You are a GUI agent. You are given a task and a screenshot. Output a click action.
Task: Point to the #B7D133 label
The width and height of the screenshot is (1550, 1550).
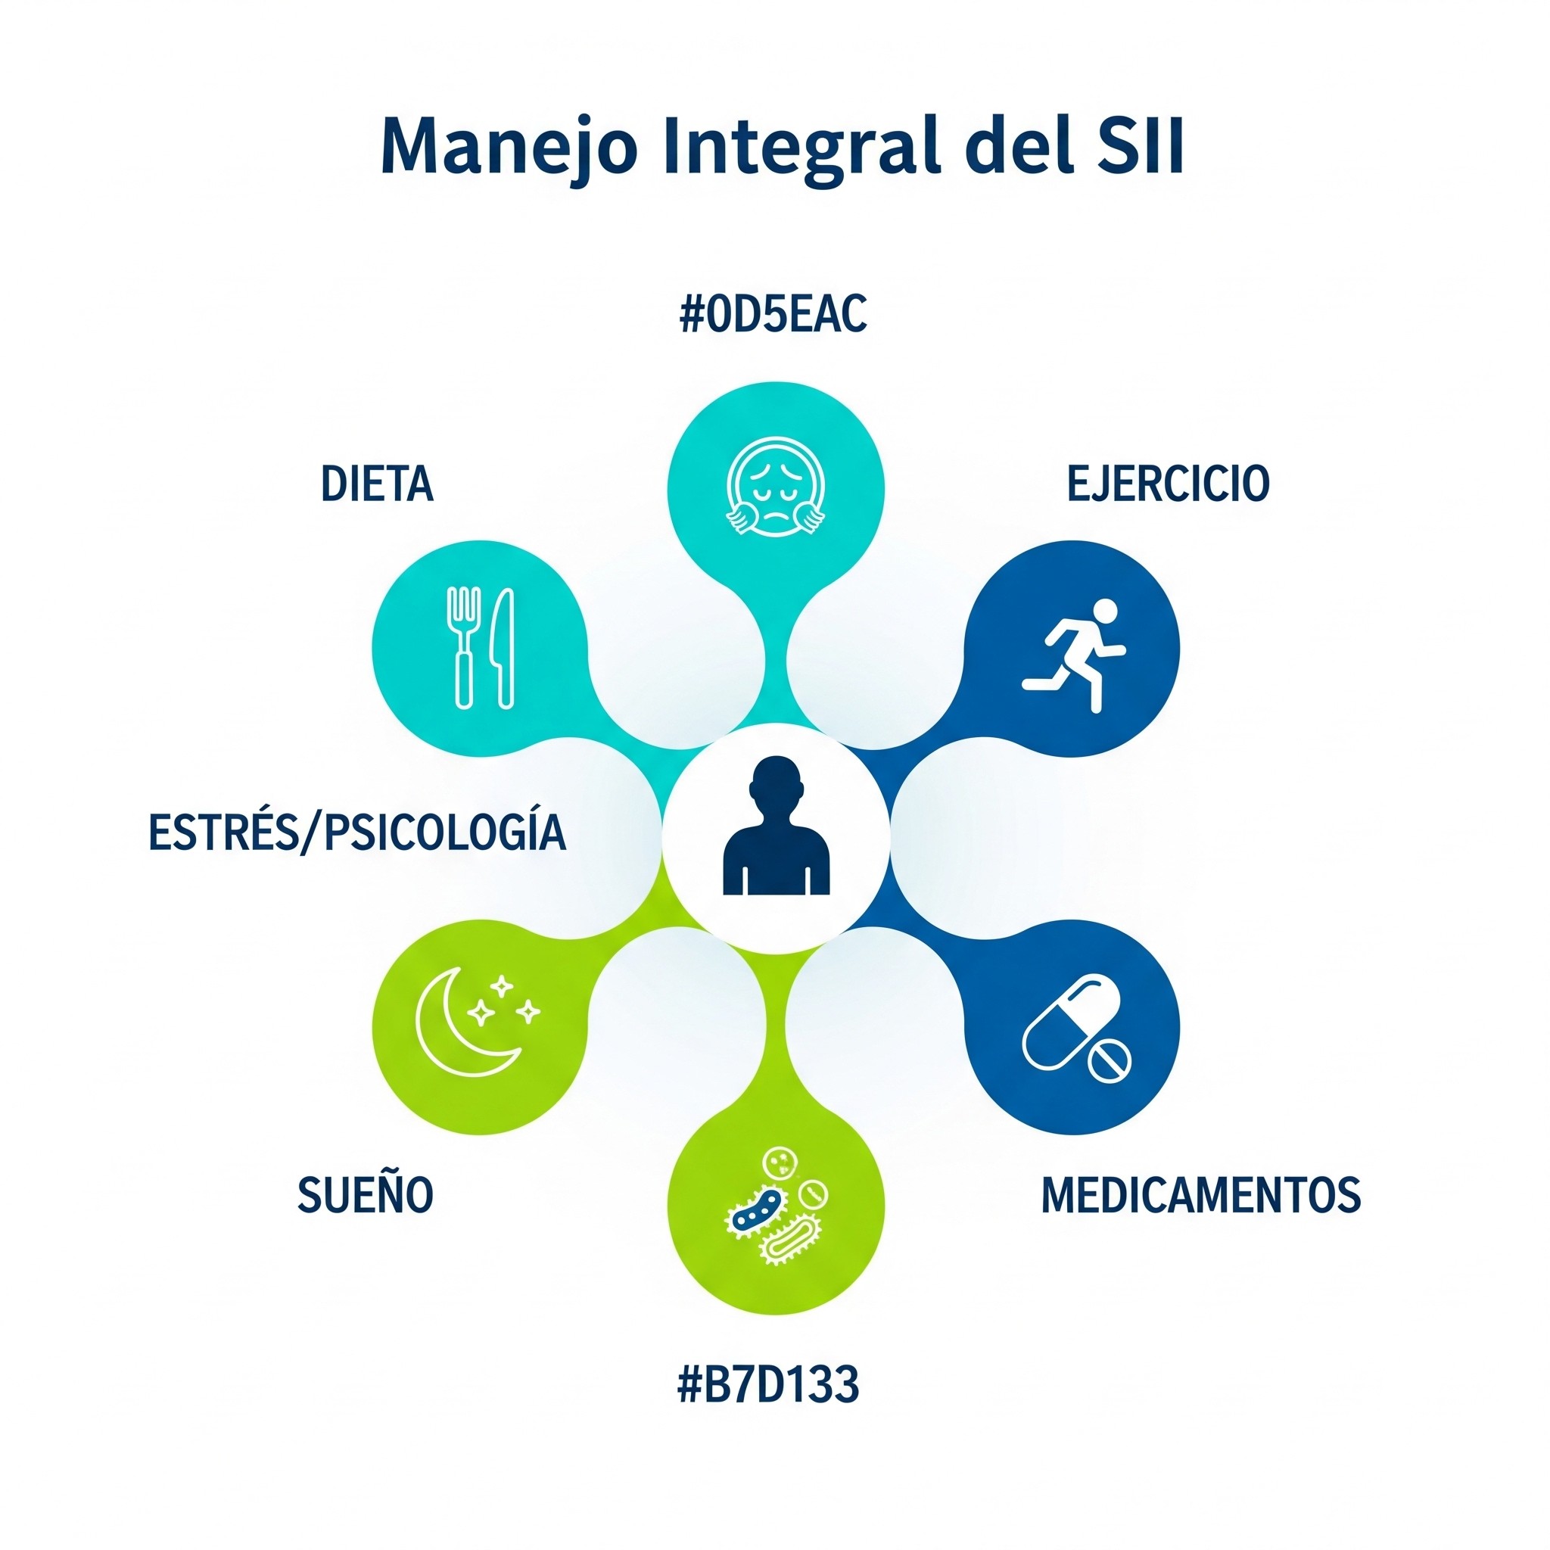pos(767,1385)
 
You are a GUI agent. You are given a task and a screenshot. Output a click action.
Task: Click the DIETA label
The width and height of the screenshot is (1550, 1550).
pos(377,484)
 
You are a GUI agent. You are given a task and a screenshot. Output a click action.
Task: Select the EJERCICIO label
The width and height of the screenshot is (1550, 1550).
pos(1168,483)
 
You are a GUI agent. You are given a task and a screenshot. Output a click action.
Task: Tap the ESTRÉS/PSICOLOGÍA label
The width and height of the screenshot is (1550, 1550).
pos(357,832)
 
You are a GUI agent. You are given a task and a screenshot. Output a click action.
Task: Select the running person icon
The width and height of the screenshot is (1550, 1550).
pos(1075,653)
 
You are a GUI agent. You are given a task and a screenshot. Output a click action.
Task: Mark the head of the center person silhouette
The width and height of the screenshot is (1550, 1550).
pos(776,783)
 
